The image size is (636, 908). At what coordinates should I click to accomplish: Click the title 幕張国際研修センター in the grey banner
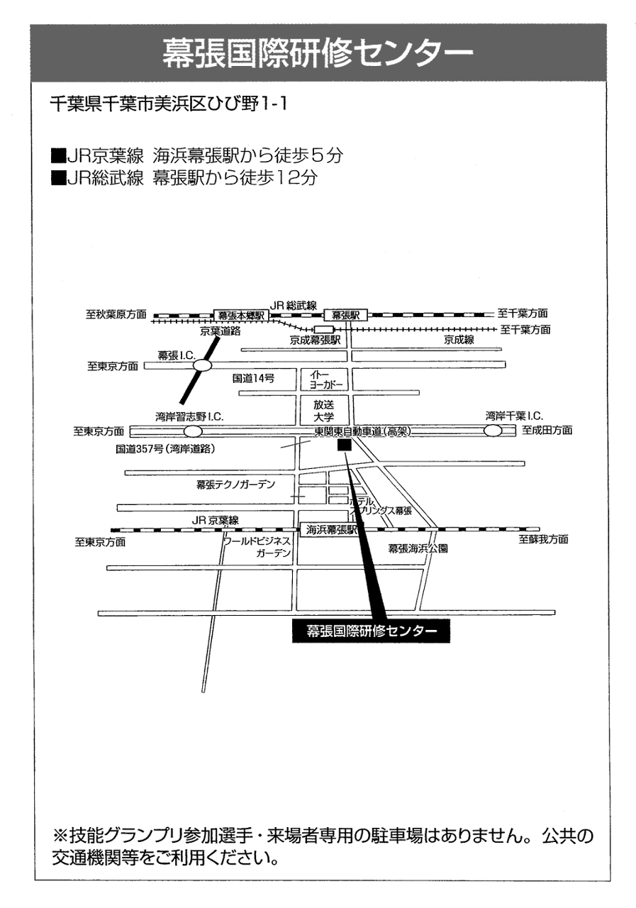click(317, 52)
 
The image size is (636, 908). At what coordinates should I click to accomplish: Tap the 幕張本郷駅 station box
click(240, 314)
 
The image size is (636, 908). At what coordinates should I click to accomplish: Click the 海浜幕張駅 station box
click(332, 530)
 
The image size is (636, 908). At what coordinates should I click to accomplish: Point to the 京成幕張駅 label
click(315, 340)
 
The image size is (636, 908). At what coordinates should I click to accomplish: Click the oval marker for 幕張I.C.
click(203, 365)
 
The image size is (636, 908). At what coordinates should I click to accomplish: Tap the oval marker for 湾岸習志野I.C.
click(192, 431)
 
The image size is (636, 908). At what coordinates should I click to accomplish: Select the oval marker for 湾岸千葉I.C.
click(492, 431)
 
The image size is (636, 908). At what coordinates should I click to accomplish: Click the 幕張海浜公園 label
click(418, 548)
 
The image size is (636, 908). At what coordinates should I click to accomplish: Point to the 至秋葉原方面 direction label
click(116, 314)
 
